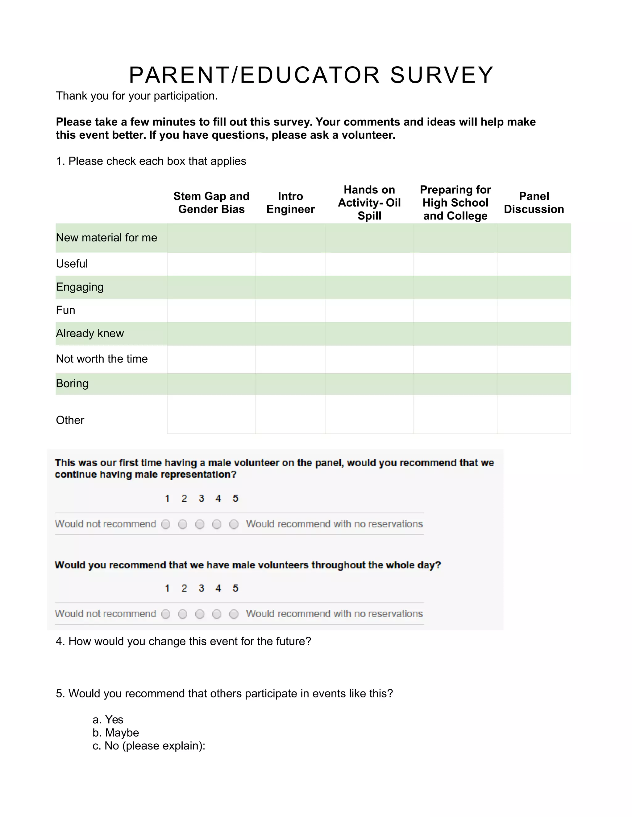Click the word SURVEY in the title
coord(442,75)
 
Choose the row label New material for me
coord(106,237)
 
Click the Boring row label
coord(72,384)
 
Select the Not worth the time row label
coord(102,359)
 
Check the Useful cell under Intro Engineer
coord(290,264)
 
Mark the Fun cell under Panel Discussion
coord(534,310)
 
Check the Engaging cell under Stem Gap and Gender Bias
coord(211,287)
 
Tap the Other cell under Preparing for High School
coord(455,414)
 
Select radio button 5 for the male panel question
coord(234,524)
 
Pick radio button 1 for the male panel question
coord(165,524)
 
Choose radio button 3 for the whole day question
coord(200,614)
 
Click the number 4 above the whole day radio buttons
coord(218,588)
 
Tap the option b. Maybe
coord(116,733)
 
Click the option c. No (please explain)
coord(149,745)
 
